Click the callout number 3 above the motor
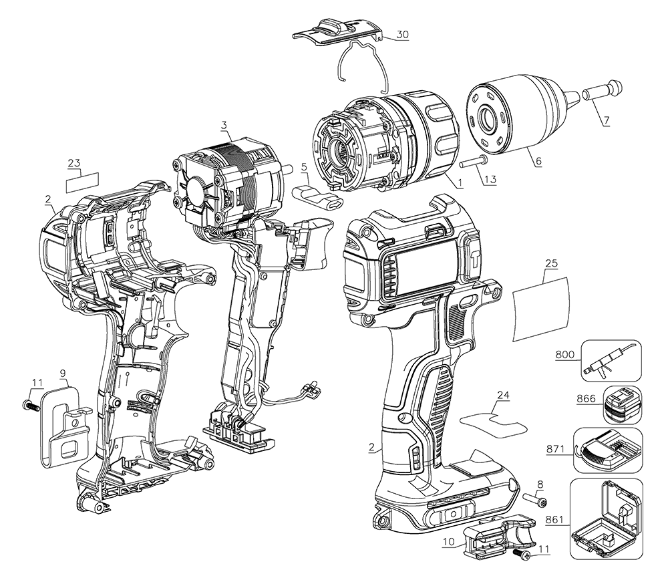[x=225, y=125]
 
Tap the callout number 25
[x=551, y=264]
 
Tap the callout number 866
[x=585, y=398]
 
